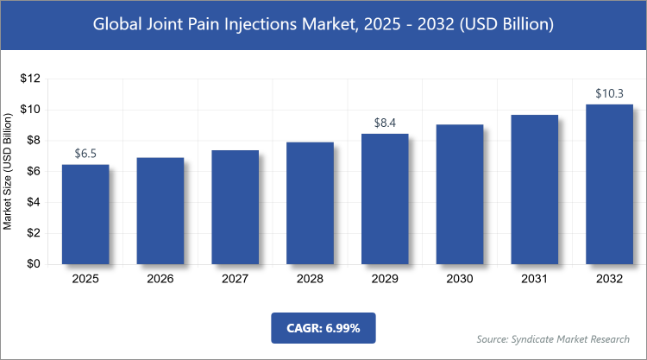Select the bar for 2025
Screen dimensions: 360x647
[85, 214]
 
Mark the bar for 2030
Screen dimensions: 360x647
[460, 194]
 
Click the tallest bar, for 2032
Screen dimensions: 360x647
[609, 184]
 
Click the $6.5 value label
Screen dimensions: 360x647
[85, 154]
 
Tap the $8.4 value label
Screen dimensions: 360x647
[385, 123]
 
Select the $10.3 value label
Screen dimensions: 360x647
[609, 93]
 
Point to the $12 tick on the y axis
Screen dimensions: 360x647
[31, 79]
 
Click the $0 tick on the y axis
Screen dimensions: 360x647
[34, 264]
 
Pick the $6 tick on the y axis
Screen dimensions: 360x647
[34, 172]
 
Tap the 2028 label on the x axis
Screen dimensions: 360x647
[310, 279]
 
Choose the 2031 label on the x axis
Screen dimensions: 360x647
[534, 279]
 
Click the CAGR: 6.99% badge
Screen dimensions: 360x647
[323, 328]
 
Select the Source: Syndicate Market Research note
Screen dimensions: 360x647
[552, 339]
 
